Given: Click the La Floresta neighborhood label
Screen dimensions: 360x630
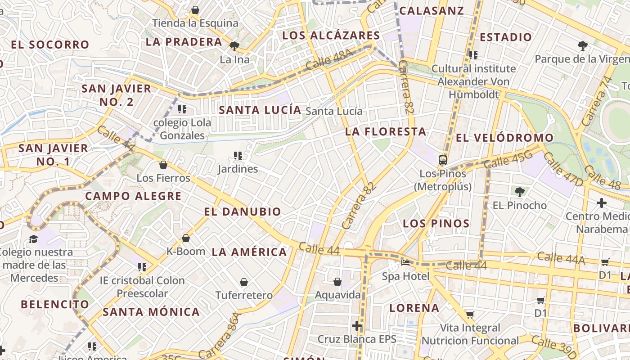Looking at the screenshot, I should pos(385,131).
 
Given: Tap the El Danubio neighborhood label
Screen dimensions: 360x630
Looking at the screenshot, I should pos(242,211).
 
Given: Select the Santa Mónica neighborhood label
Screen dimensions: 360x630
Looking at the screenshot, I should pos(151,311).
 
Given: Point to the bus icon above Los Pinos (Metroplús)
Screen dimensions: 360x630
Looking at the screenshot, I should pos(443,160).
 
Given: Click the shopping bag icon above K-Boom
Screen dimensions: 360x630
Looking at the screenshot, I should pos(186,238).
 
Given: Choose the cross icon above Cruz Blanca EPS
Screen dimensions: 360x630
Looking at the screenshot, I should pos(357,325).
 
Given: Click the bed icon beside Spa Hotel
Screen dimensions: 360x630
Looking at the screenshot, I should pos(405,263).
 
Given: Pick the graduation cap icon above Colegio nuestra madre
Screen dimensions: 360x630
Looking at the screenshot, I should pos(33,238).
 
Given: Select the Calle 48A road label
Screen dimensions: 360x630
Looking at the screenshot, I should pos(329,60).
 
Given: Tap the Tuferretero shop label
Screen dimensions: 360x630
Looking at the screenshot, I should pos(244,295).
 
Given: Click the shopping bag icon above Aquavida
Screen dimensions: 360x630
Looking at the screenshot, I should pos(337,282).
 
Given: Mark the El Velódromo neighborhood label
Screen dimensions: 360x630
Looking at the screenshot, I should pos(504,138).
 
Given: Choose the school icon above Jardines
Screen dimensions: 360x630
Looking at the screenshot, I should pos(238,156).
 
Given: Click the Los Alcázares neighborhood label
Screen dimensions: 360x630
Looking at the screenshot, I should pos(331,36).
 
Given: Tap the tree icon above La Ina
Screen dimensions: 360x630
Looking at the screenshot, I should pos(234,46).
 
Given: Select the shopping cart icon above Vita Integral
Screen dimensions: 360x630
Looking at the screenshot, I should pos(470,315).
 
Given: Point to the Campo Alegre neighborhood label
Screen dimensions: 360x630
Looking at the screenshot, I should pos(133,196).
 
